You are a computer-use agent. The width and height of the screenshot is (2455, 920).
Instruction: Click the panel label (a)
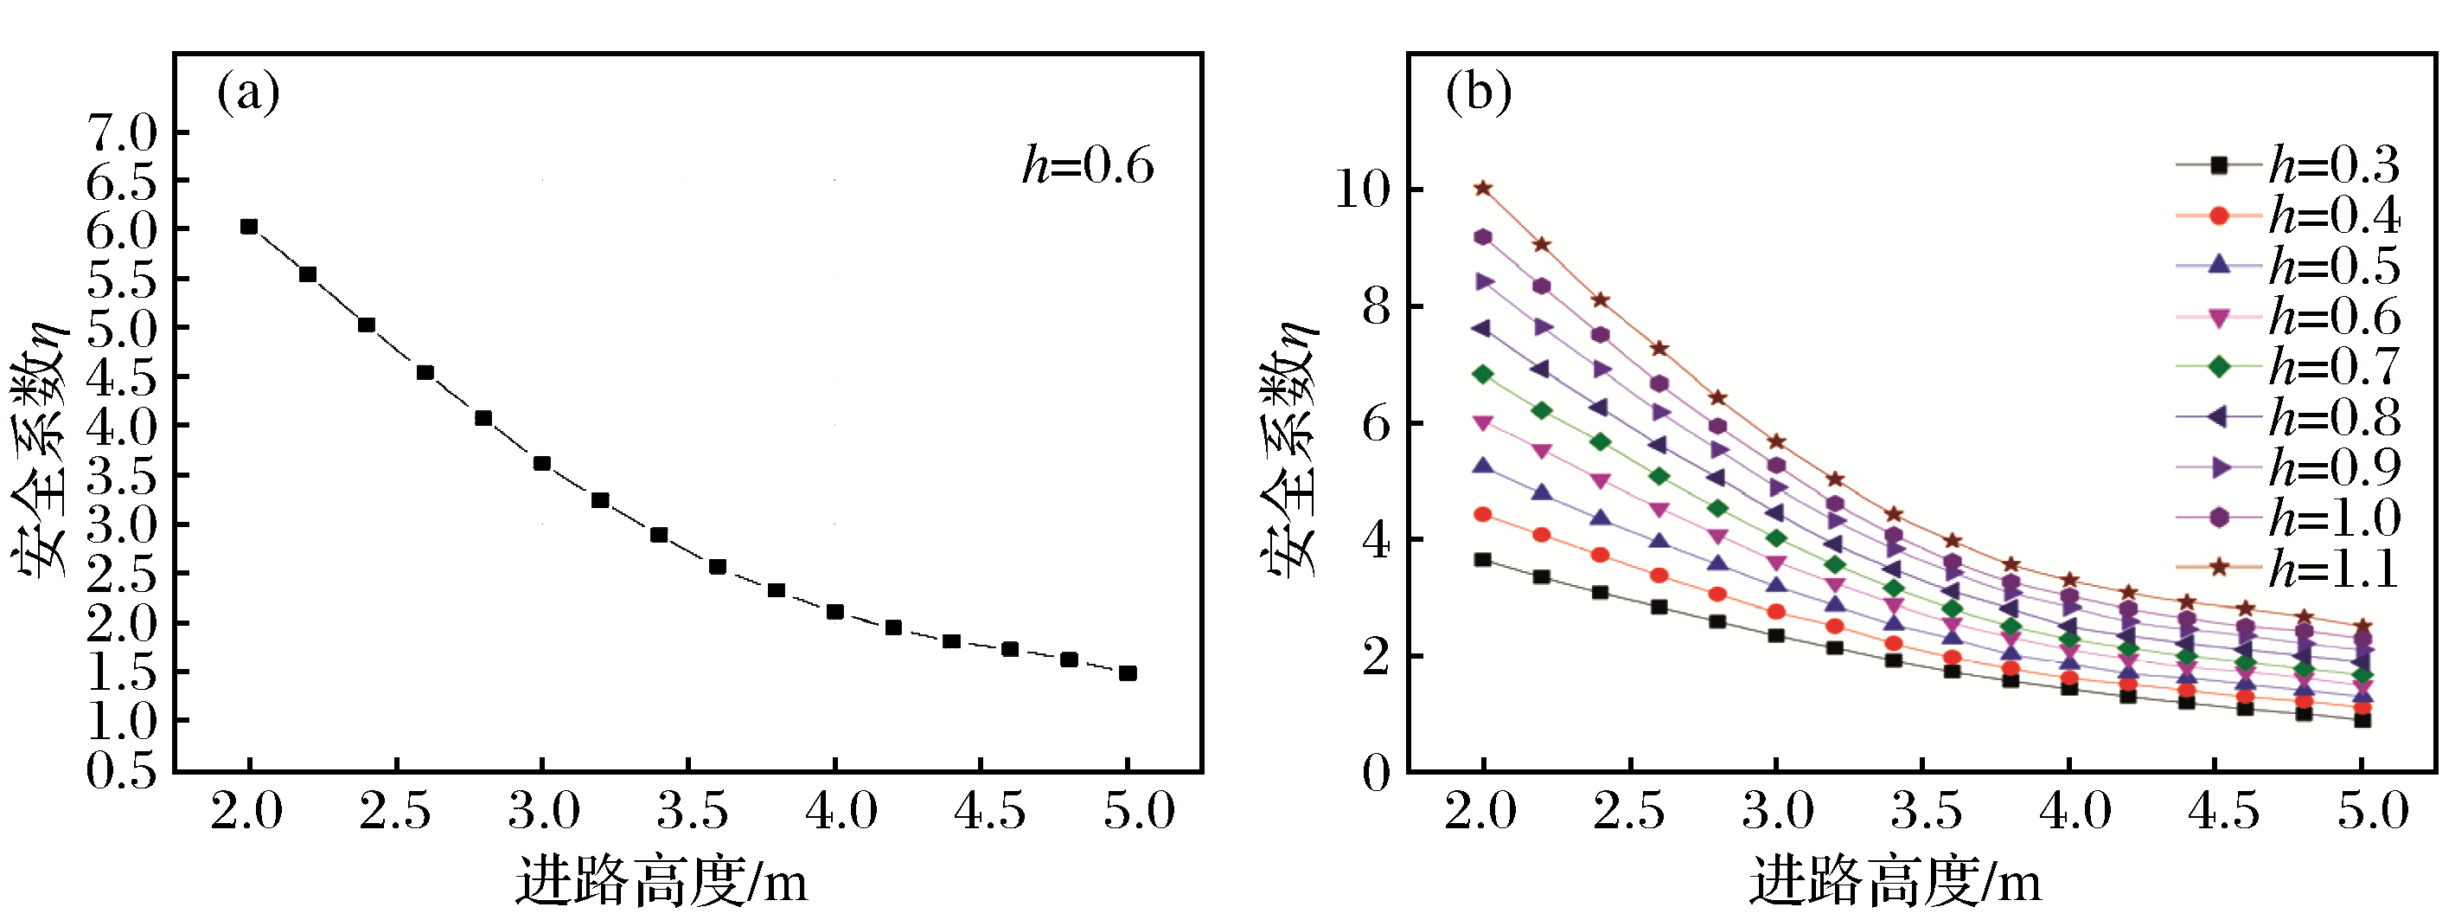coord(248,94)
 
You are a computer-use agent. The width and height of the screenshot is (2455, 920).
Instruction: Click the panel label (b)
coord(1478,94)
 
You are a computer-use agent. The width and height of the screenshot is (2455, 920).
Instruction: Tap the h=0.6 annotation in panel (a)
coord(1087,166)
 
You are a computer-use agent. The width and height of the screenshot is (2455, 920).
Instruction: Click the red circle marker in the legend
coord(2219,216)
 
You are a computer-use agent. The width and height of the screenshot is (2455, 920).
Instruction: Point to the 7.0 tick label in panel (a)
coord(122,132)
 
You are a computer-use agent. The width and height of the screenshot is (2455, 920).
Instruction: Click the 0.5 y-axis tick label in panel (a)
coord(122,769)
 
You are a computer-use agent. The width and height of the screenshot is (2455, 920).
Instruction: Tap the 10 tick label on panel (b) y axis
coord(1362,189)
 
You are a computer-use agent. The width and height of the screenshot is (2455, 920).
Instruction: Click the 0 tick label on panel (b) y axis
coord(1376,771)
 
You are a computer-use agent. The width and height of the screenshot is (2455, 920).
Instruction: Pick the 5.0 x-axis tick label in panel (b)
coord(2373,811)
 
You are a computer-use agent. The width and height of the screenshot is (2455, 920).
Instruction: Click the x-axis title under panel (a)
coord(662,880)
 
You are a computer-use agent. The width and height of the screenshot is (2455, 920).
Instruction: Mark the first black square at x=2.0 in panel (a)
coord(249,227)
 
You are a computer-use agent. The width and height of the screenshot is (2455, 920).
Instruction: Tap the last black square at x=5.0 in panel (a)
coord(1128,673)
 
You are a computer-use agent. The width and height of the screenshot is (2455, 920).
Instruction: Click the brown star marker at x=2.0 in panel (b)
coord(1483,189)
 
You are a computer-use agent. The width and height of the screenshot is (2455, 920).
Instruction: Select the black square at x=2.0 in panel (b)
coord(1483,560)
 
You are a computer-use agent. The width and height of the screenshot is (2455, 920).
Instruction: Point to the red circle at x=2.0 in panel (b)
coord(1483,515)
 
